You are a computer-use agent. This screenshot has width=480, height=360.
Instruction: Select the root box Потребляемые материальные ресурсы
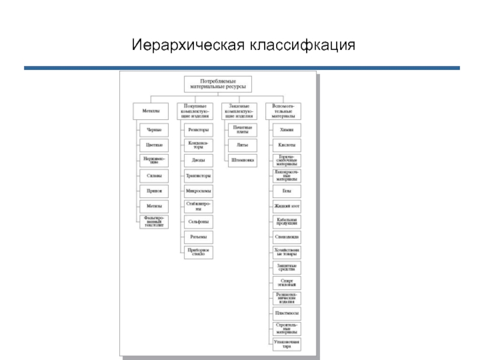pyautogui.click(x=217, y=84)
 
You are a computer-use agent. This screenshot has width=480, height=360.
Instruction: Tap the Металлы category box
pyautogui.click(x=151, y=112)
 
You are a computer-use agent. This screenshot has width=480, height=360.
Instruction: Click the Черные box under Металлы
pyautogui.click(x=154, y=130)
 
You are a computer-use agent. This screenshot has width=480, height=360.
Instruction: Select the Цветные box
pyautogui.click(x=154, y=145)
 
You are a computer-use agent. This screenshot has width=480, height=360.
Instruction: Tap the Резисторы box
pyautogui.click(x=198, y=130)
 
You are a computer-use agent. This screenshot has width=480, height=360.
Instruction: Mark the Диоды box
pyautogui.click(x=198, y=160)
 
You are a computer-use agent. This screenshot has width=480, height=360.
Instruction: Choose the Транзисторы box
pyautogui.click(x=198, y=176)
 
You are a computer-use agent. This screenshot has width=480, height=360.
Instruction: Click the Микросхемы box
pyautogui.click(x=198, y=191)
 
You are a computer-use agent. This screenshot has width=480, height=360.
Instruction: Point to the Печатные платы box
pyautogui.click(x=242, y=130)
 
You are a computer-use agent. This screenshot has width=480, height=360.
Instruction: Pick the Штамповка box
pyautogui.click(x=242, y=160)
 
